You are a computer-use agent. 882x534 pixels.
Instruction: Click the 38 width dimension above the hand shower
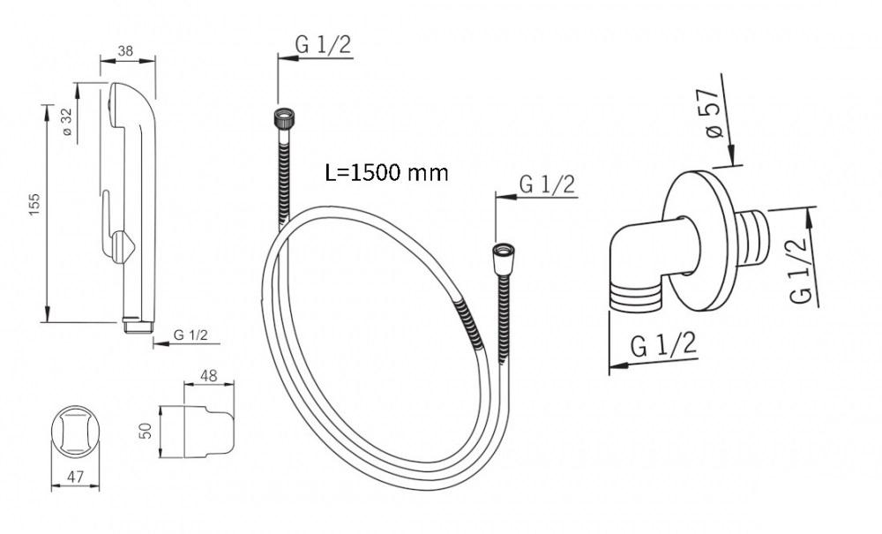point(125,51)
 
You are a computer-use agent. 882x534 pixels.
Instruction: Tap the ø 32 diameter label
point(67,121)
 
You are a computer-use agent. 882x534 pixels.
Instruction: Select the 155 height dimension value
point(34,205)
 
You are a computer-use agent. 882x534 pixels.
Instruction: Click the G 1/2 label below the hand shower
point(191,335)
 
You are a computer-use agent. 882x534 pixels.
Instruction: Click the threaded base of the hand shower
point(138,326)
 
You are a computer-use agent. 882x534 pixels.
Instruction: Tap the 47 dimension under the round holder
point(75,478)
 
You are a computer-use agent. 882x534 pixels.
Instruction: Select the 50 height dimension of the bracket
point(146,431)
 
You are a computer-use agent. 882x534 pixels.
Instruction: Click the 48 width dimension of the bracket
point(209,376)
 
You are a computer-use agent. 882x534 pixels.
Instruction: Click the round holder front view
point(75,429)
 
